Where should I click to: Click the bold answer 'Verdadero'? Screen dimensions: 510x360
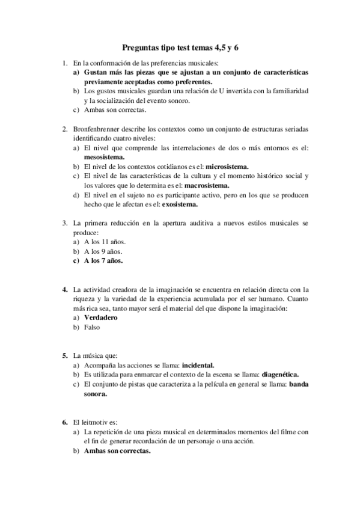tap(100, 318)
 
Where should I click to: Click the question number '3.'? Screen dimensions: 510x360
tap(65, 223)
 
